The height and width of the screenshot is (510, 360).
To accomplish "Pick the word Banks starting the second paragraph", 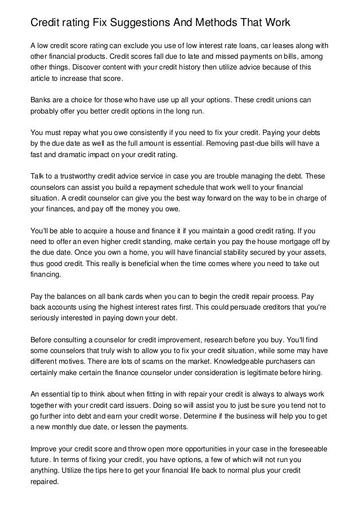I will point(41,100).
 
